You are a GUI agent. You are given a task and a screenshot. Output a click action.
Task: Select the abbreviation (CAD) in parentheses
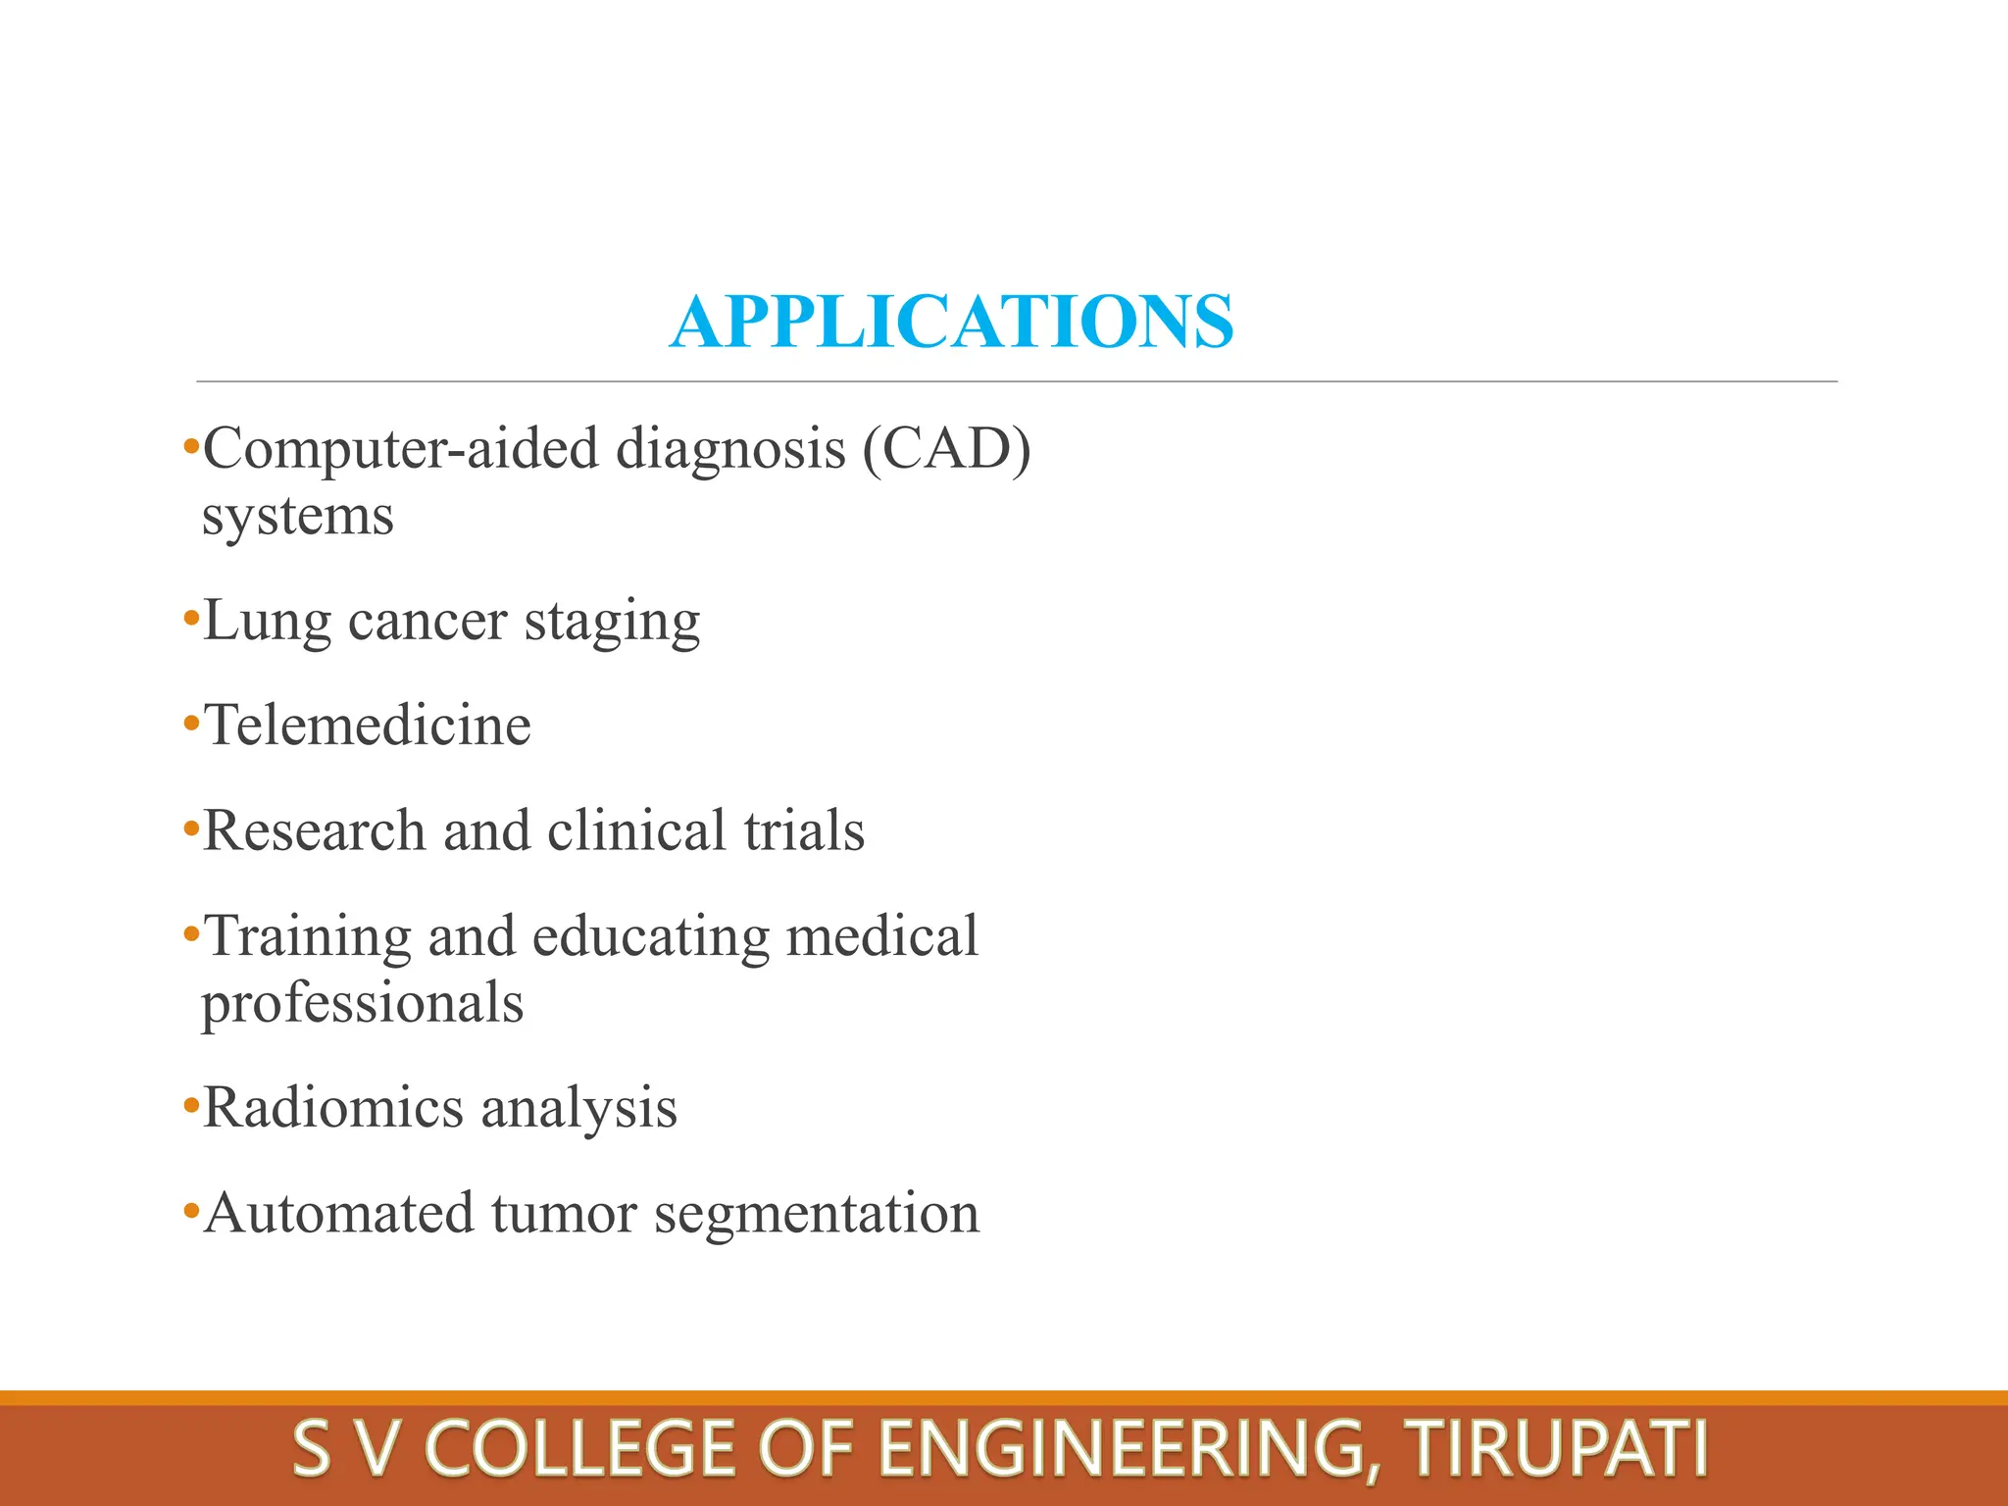pos(946,450)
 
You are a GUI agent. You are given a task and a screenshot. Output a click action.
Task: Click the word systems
pos(297,517)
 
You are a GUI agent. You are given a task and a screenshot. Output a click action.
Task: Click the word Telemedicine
pos(367,726)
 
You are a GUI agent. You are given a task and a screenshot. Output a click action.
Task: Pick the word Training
pos(308,937)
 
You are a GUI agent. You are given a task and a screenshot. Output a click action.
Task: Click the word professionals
pos(363,1003)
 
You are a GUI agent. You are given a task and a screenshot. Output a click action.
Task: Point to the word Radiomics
pos(332,1108)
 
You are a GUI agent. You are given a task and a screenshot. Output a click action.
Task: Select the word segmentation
pos(817,1215)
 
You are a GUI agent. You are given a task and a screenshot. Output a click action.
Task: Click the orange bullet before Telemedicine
pos(190,724)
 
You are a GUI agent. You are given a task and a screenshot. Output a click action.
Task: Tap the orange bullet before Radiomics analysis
pos(190,1106)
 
